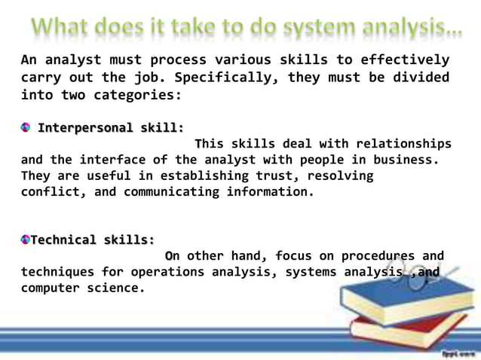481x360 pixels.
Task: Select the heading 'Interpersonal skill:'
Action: click(111, 127)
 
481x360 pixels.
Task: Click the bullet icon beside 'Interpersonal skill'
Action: click(26, 127)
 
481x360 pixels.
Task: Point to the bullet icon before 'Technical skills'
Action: click(26, 239)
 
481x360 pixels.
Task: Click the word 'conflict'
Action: click(50, 191)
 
